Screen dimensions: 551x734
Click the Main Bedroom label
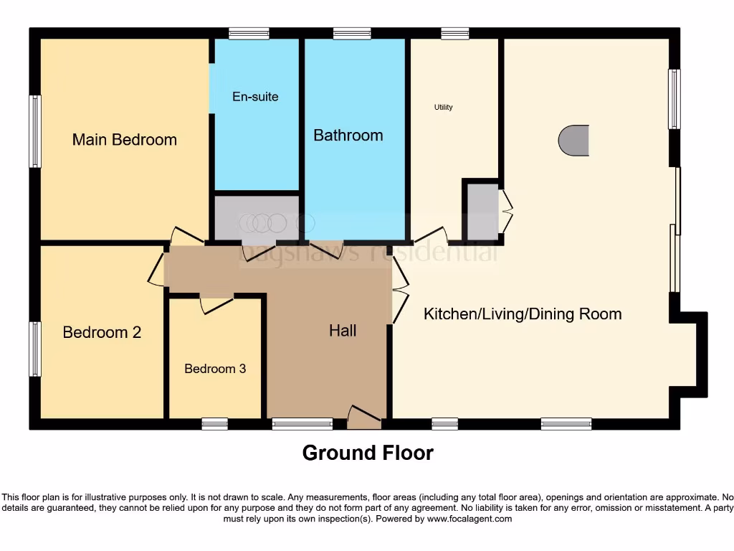(124, 139)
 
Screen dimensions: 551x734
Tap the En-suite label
(255, 96)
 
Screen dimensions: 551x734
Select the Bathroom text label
(348, 135)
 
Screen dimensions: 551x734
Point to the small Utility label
(444, 108)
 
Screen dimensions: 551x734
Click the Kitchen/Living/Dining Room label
(523, 314)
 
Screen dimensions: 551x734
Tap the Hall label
(343, 331)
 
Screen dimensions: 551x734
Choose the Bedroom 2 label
(102, 332)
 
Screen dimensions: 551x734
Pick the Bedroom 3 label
(215, 369)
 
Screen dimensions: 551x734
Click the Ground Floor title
(368, 453)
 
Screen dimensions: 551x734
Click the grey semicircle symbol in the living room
(575, 140)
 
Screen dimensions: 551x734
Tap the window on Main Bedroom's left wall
(34, 131)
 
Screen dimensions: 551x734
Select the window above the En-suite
(249, 33)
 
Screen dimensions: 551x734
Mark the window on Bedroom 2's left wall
(34, 349)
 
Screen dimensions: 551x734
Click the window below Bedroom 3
(214, 424)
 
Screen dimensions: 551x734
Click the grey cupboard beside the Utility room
(482, 212)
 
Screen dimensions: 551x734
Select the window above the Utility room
(454, 33)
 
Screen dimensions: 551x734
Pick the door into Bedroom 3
(216, 304)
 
